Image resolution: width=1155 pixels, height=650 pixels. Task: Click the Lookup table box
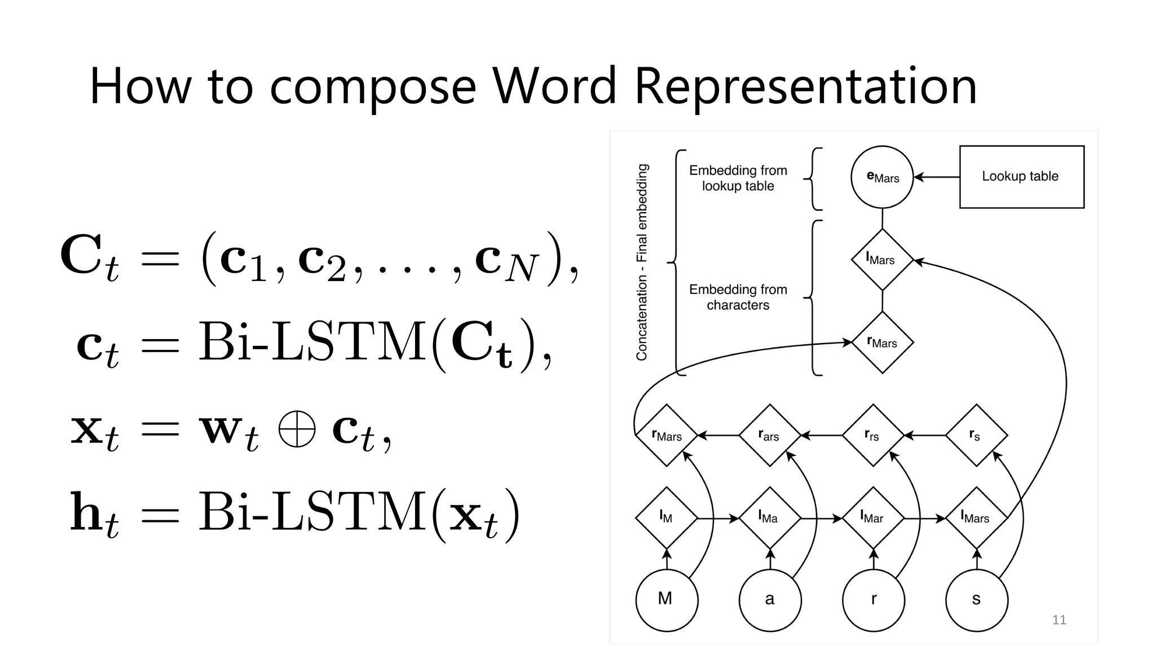pyautogui.click(x=1021, y=177)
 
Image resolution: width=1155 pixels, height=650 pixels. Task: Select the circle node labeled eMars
pyautogui.click(x=882, y=177)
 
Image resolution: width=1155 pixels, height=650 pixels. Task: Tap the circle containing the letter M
pyautogui.click(x=667, y=600)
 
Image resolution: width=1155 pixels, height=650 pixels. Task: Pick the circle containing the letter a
pyautogui.click(x=770, y=600)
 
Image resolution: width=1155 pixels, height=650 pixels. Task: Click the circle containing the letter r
pyautogui.click(x=873, y=600)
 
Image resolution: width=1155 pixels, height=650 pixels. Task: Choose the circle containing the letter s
pyautogui.click(x=976, y=600)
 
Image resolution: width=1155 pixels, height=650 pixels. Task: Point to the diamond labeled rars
pyautogui.click(x=770, y=435)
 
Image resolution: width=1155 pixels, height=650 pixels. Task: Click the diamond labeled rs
pyautogui.click(x=976, y=435)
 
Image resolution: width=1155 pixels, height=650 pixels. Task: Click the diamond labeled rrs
pyautogui.click(x=873, y=435)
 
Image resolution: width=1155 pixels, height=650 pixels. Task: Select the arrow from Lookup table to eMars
pyautogui.click(x=937, y=177)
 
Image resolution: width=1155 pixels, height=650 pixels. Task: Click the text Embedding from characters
pyautogui.click(x=738, y=297)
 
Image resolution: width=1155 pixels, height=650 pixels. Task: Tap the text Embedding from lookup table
pyautogui.click(x=738, y=178)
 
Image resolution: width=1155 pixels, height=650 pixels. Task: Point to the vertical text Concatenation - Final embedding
pyautogui.click(x=642, y=262)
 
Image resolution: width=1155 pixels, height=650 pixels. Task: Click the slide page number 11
pyautogui.click(x=1059, y=620)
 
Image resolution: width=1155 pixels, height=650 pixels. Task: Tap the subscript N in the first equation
pyautogui.click(x=522, y=270)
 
